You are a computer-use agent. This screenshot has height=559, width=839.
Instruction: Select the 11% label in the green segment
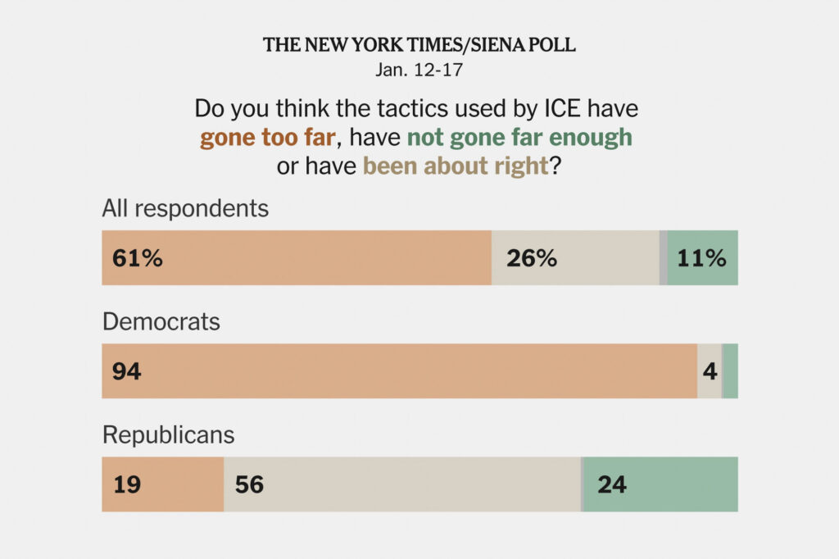coord(701,258)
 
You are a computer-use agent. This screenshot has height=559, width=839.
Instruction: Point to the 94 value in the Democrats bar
coord(127,371)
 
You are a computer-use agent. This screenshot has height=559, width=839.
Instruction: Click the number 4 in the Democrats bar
coord(710,371)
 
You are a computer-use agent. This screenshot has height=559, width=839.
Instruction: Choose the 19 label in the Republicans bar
coord(127,484)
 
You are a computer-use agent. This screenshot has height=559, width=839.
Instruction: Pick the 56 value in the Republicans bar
coord(249,484)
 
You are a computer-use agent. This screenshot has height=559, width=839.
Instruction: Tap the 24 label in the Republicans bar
coord(612,484)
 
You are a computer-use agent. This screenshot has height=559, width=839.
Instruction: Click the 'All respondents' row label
coord(185,208)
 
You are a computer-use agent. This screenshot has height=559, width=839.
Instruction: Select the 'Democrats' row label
coord(161,321)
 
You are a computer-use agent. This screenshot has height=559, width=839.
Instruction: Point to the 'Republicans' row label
coord(168,434)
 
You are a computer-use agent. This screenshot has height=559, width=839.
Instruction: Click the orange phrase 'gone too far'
coord(267,137)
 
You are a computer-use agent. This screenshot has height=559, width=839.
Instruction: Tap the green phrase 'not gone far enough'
coord(520,137)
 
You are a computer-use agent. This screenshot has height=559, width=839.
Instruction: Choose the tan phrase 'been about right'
coord(456,166)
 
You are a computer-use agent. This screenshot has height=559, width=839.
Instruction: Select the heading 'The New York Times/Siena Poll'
coord(419,45)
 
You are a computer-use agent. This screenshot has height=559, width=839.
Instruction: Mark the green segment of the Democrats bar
coord(730,371)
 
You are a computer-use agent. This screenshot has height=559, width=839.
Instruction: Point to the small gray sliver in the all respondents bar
coord(663,258)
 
